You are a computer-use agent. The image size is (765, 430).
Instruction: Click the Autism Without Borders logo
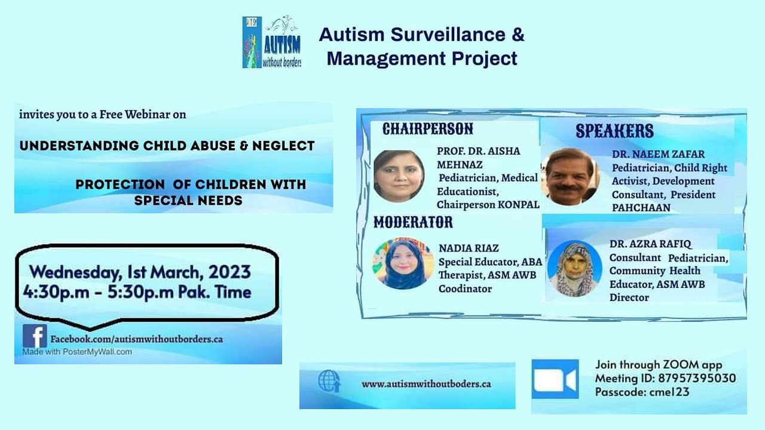tap(272, 42)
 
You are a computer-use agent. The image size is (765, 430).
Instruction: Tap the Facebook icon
tap(35, 337)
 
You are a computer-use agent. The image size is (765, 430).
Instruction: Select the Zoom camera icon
tap(555, 379)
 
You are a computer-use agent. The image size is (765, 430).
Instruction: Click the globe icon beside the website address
tap(329, 382)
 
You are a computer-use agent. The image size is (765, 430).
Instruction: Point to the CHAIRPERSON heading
tap(427, 129)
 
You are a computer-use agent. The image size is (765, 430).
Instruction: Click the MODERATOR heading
tap(413, 223)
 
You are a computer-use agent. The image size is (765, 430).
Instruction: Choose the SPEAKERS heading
tap(614, 131)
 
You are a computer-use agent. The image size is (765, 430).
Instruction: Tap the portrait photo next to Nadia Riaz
tap(403, 263)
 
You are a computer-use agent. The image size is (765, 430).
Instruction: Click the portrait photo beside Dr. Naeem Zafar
tap(570, 176)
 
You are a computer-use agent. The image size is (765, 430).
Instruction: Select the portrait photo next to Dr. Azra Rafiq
tap(574, 268)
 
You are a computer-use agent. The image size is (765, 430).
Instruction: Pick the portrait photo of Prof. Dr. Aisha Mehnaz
tap(399, 176)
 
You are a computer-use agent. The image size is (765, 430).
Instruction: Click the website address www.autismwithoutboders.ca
tap(426, 384)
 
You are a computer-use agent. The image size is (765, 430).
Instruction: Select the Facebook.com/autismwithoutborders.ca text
tap(136, 339)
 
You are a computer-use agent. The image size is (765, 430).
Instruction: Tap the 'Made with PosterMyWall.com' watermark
tap(77, 352)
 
